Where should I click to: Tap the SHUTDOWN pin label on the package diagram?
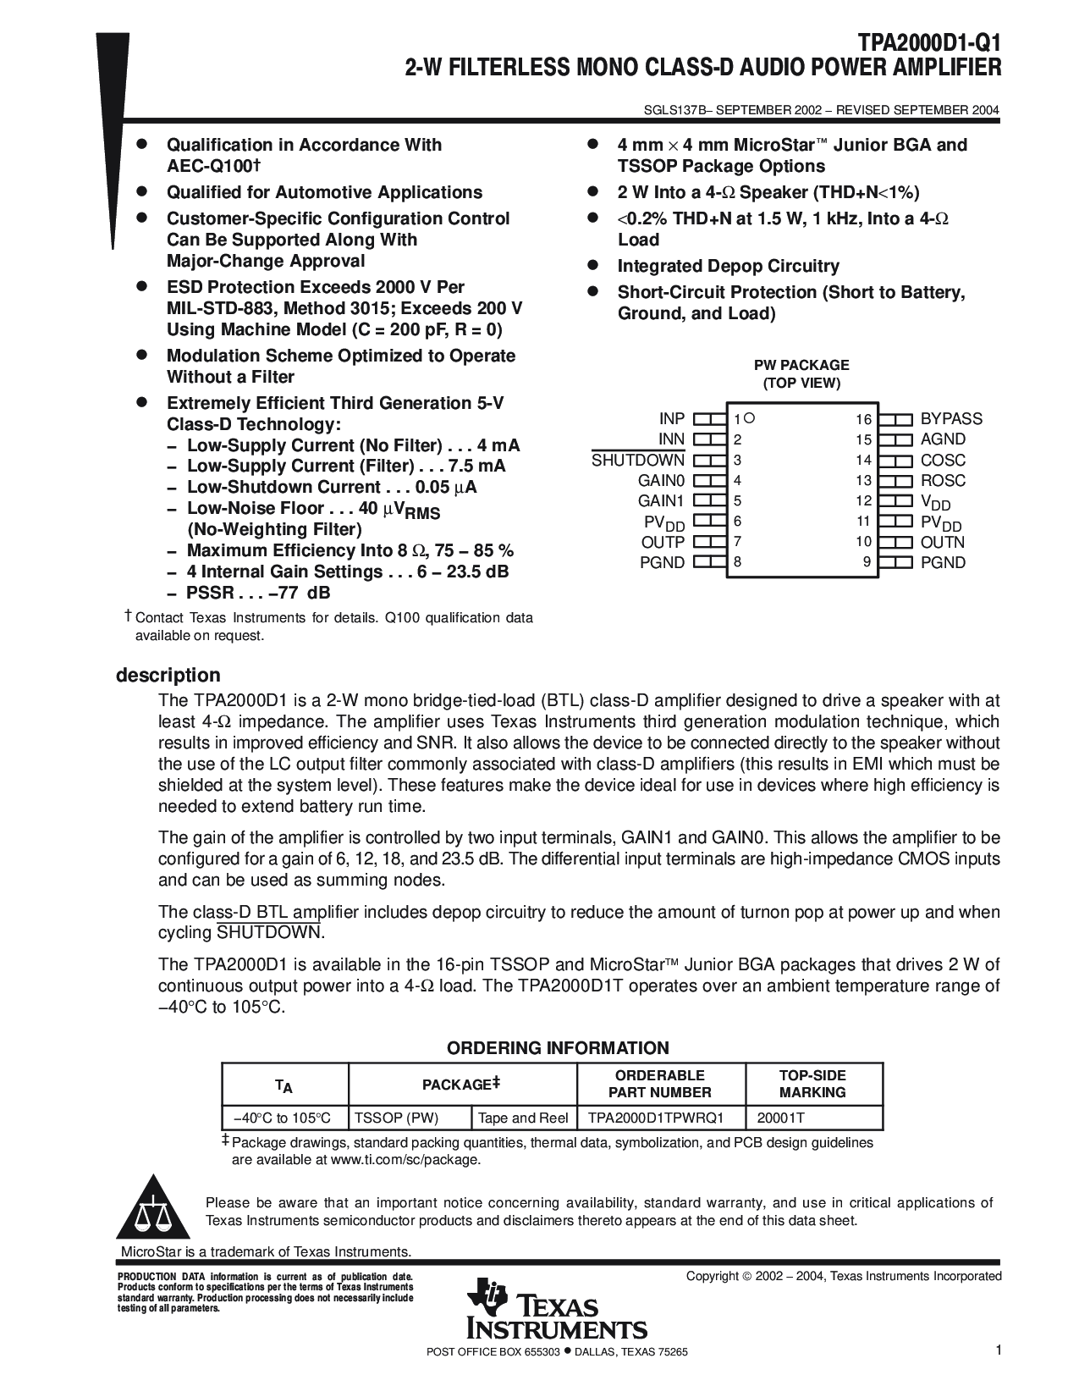point(637,461)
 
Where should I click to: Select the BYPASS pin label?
point(951,419)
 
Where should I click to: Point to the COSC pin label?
point(943,461)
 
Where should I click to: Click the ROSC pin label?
point(943,481)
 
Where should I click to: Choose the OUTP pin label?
point(663,543)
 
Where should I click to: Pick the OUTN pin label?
point(943,543)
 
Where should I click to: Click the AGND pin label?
point(943,439)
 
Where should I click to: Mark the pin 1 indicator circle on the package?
point(750,417)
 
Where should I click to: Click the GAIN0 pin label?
point(661,481)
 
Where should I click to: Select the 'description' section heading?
point(168,676)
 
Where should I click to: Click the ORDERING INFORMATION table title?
point(558,1048)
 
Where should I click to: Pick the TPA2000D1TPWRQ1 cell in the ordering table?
point(656,1118)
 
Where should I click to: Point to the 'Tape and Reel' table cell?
point(523,1118)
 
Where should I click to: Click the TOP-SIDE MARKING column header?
point(812,1084)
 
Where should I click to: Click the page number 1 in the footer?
point(998,1351)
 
